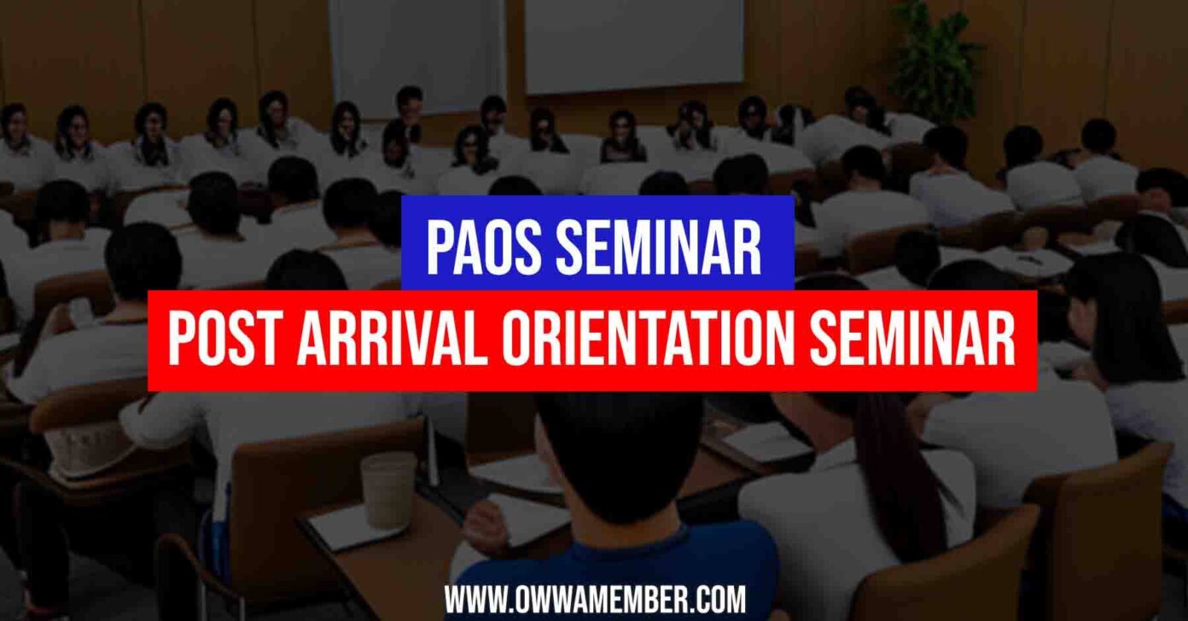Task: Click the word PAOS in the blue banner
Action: [478, 246]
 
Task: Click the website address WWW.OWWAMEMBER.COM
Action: [595, 600]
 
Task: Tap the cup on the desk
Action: [387, 489]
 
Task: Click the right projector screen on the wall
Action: [633, 43]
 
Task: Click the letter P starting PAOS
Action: [438, 246]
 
